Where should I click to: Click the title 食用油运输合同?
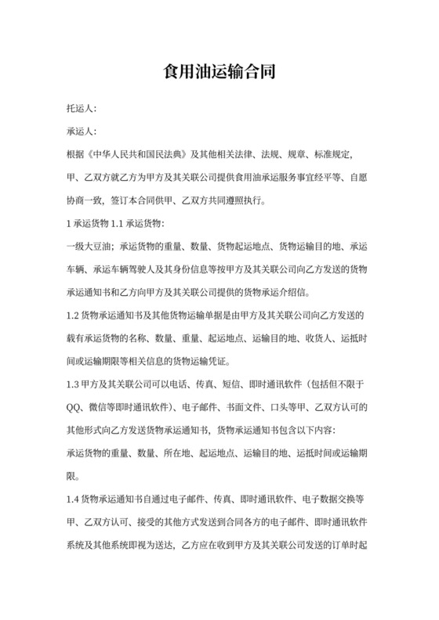tap(219, 73)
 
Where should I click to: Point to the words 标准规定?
tap(329, 154)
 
